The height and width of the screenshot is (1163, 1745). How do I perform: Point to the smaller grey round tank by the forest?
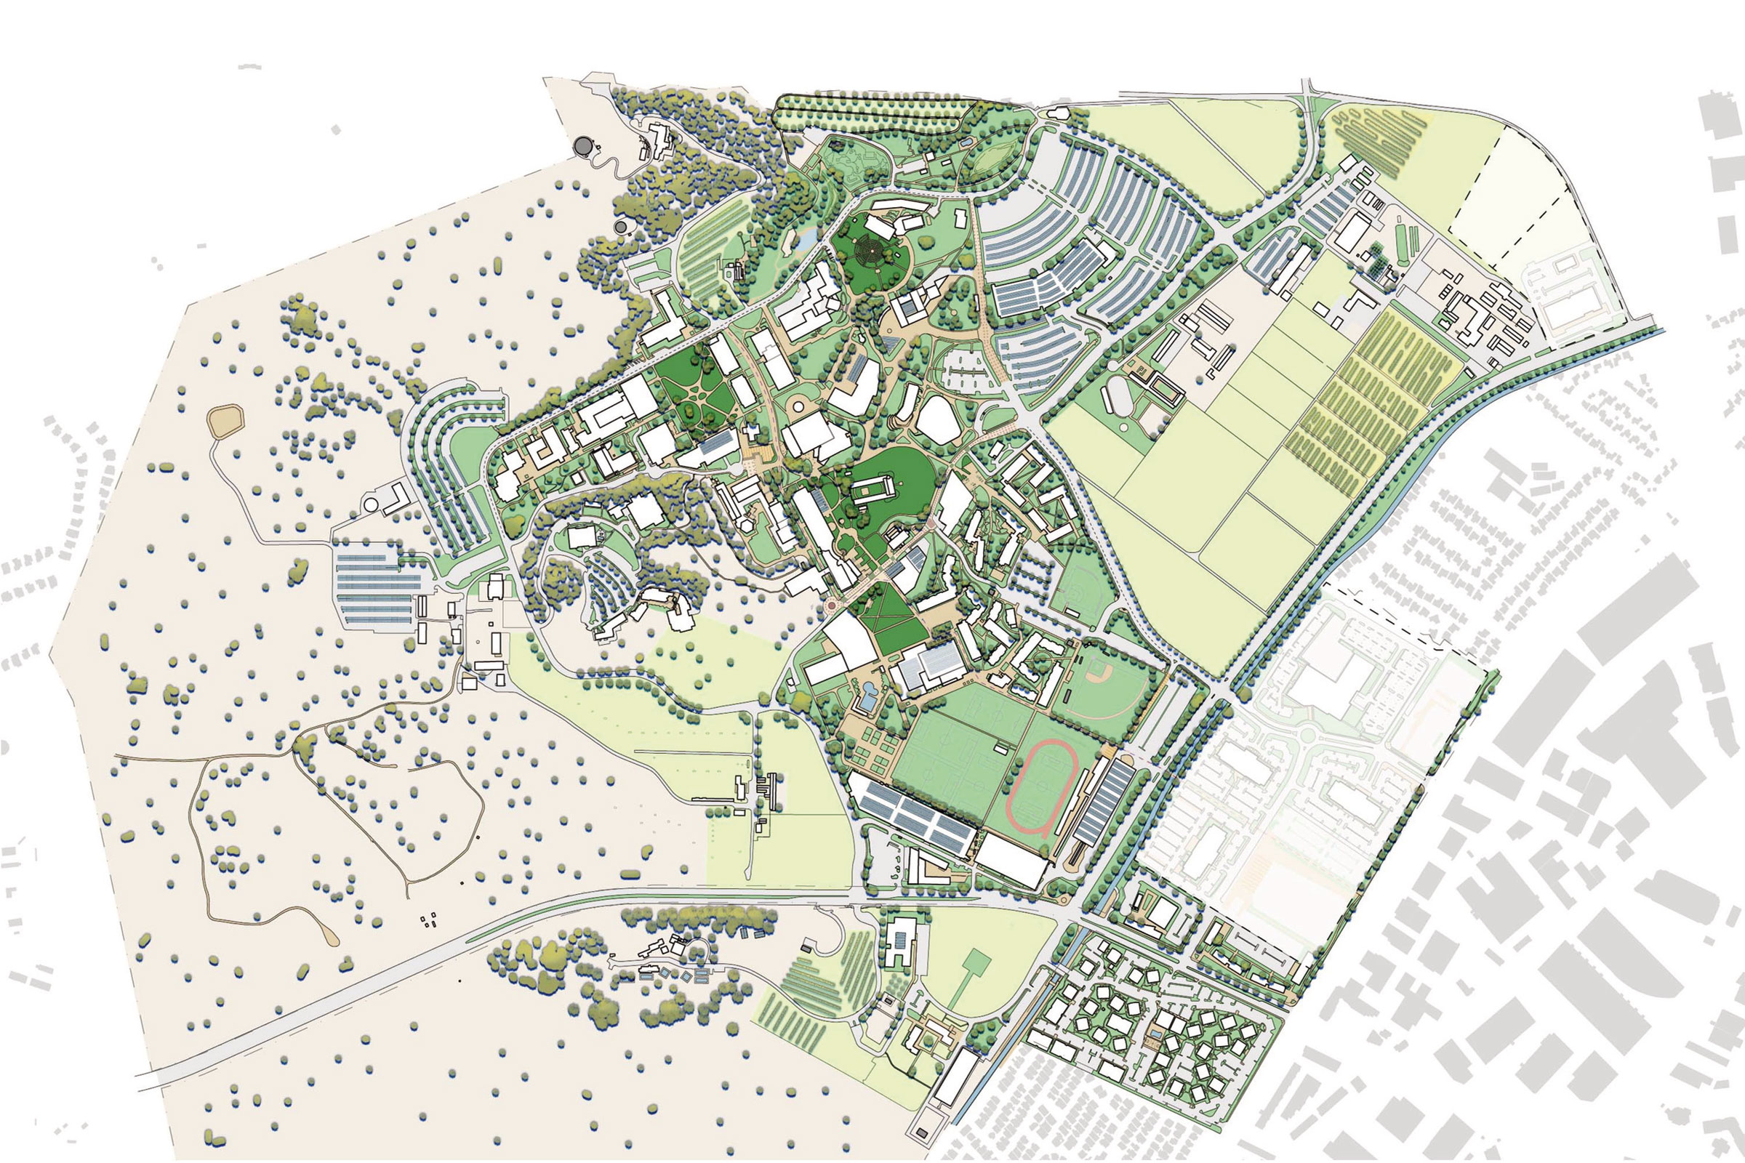point(620,225)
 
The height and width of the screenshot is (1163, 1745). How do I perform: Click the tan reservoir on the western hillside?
point(227,421)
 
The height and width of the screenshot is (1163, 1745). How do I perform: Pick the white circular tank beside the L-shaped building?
point(370,504)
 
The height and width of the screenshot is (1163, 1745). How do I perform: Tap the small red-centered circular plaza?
point(830,607)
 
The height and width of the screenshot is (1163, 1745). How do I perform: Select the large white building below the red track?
point(1011,861)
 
